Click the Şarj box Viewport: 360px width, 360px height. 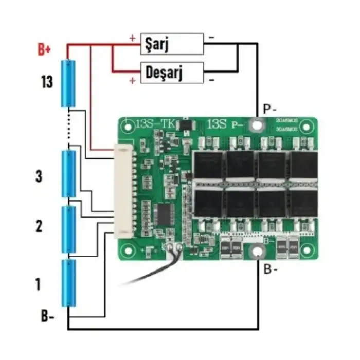172,44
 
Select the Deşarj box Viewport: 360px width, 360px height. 172,73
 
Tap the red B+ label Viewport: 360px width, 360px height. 45,50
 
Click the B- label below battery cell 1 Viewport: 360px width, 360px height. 48,316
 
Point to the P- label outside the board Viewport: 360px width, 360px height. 269,109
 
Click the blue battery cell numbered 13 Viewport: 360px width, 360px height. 68,84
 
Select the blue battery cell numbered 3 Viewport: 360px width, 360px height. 68,174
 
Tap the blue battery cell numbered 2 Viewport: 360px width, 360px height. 68,229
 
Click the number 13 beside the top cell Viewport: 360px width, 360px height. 47,82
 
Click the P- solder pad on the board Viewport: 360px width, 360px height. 255,124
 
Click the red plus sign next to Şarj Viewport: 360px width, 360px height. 132,38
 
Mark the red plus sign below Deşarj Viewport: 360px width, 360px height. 132,80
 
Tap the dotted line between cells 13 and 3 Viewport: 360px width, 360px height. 68,129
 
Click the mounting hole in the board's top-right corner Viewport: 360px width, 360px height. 307,126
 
